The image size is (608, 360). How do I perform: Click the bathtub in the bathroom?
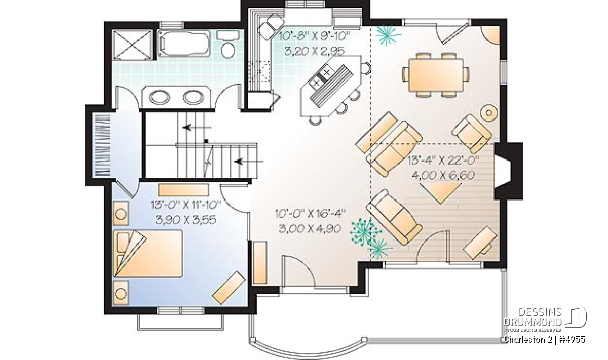coord(184,44)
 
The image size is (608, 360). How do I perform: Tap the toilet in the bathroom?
coord(228,44)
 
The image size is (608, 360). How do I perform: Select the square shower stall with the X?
coord(132,45)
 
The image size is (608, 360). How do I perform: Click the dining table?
coord(436,74)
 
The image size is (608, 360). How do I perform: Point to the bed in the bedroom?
coord(148,254)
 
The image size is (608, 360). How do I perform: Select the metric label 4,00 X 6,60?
coord(443,175)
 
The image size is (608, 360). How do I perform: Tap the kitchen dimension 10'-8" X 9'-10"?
coord(315,36)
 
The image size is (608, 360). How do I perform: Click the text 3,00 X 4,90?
coord(310,229)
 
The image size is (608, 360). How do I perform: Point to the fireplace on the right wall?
coord(508,171)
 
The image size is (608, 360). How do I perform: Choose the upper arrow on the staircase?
coord(197,127)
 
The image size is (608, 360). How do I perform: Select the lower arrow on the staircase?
coord(249,162)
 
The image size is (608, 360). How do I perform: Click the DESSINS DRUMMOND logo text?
coord(533,317)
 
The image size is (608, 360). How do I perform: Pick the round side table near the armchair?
coord(489,112)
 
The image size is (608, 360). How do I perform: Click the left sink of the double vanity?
coord(159,97)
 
